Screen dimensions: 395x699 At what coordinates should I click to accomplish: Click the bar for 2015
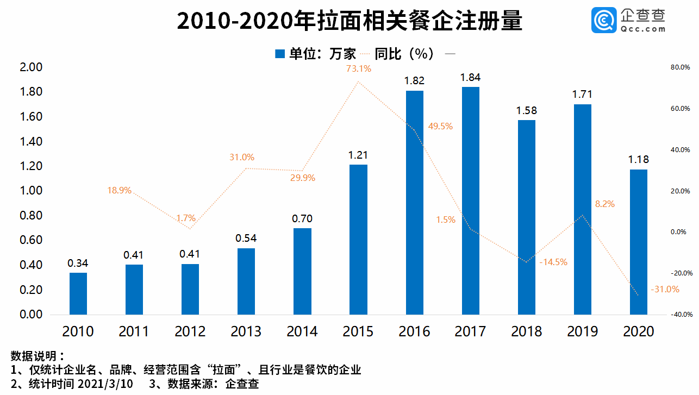pyautogui.click(x=358, y=239)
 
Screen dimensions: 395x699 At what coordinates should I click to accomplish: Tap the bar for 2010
pyautogui.click(x=78, y=293)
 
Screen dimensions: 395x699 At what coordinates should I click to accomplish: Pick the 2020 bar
pyautogui.click(x=639, y=242)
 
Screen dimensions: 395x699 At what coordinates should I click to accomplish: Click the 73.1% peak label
pyautogui.click(x=358, y=69)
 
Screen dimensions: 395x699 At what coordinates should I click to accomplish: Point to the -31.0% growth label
pyautogui.click(x=665, y=290)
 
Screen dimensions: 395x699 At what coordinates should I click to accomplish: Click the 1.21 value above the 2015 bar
pyautogui.click(x=358, y=155)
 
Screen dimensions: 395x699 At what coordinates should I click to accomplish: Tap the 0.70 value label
pyautogui.click(x=302, y=219)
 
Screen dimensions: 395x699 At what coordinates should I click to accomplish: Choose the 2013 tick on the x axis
pyautogui.click(x=246, y=331)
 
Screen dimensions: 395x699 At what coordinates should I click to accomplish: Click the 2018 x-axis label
pyautogui.click(x=526, y=331)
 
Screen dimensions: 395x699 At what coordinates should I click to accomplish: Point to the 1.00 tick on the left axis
pyautogui.click(x=31, y=191)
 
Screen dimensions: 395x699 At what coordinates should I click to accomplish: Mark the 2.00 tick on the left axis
pyautogui.click(x=31, y=67)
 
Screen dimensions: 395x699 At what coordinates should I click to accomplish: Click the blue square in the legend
pyautogui.click(x=280, y=54)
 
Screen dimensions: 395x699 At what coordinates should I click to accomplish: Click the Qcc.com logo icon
pyautogui.click(x=603, y=20)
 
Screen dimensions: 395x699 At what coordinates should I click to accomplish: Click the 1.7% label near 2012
pyautogui.click(x=186, y=218)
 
